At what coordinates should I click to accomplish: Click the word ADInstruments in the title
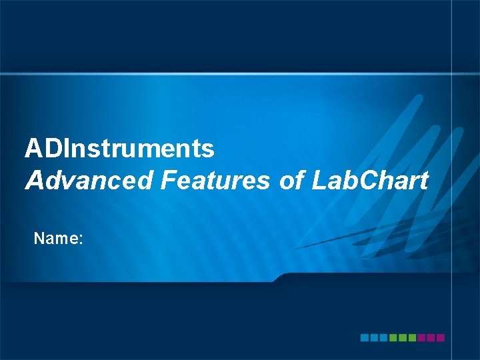(120, 148)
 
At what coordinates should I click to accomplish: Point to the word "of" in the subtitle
(291, 180)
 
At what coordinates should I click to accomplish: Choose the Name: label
(58, 237)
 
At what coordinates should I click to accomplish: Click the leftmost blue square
(365, 338)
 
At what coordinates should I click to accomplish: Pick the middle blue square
(374, 338)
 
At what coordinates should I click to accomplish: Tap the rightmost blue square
(383, 338)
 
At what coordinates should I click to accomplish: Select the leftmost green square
(393, 338)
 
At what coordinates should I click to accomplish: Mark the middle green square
(403, 338)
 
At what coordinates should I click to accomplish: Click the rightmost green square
(412, 338)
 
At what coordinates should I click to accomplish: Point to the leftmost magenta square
(421, 338)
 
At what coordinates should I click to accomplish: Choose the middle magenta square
(431, 338)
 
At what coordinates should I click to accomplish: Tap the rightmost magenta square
(440, 338)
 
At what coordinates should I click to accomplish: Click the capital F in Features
(169, 180)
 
